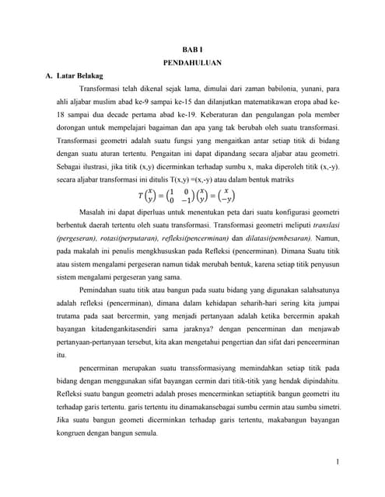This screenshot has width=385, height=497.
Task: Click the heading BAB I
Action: coord(192,49)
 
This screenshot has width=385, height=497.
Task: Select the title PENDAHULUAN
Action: coord(192,63)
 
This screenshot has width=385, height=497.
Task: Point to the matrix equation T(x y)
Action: coord(187,194)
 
